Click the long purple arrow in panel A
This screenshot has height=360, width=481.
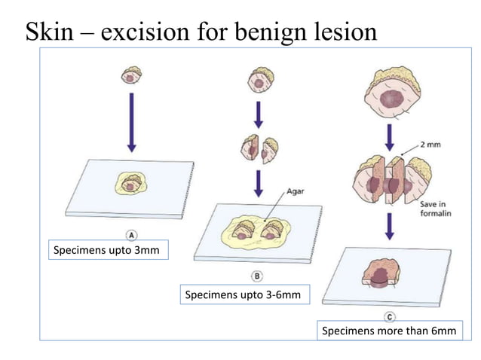tap(131, 123)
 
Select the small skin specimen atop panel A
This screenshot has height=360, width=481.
tap(131, 75)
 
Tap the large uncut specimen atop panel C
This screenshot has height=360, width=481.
tap(391, 94)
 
